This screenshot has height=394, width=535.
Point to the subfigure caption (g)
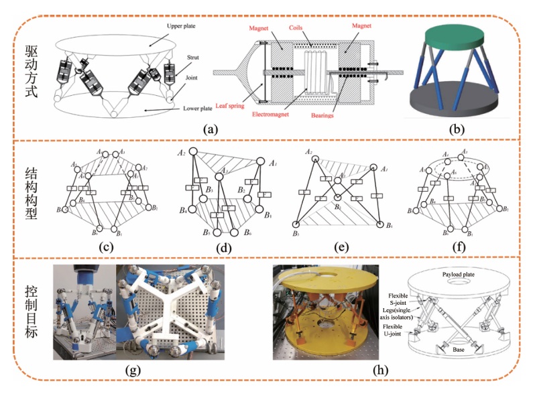point(145,370)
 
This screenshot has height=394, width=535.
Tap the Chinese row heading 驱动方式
point(27,69)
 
